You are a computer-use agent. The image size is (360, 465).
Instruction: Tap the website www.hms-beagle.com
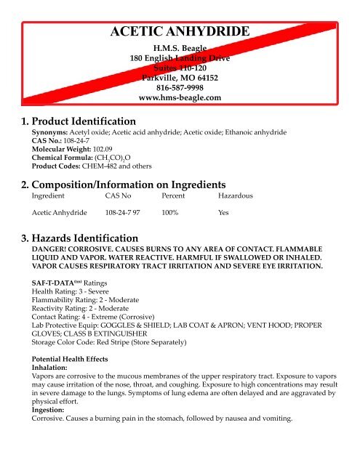pyautogui.click(x=179, y=97)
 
